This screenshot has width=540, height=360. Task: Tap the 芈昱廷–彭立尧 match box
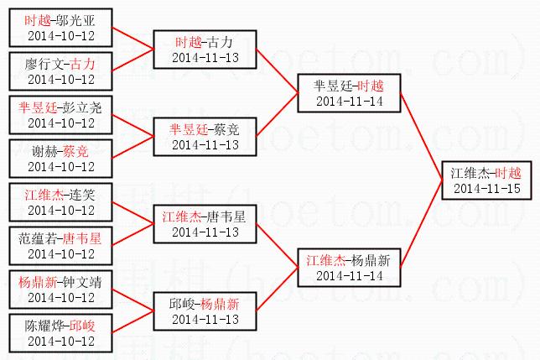click(x=60, y=115)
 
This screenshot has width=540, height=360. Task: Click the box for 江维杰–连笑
click(x=60, y=202)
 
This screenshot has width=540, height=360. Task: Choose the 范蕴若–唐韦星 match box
click(x=60, y=246)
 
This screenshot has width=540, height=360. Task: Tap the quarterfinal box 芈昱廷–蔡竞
click(x=205, y=137)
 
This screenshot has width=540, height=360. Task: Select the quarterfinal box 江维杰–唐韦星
click(x=205, y=224)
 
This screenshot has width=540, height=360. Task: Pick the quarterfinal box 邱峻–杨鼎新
click(x=205, y=311)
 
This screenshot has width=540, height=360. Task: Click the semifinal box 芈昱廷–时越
click(x=349, y=93)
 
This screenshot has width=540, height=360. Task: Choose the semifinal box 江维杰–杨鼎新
click(x=349, y=268)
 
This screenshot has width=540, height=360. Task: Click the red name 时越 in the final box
click(x=508, y=173)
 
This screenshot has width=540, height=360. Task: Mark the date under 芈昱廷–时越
click(x=349, y=102)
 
